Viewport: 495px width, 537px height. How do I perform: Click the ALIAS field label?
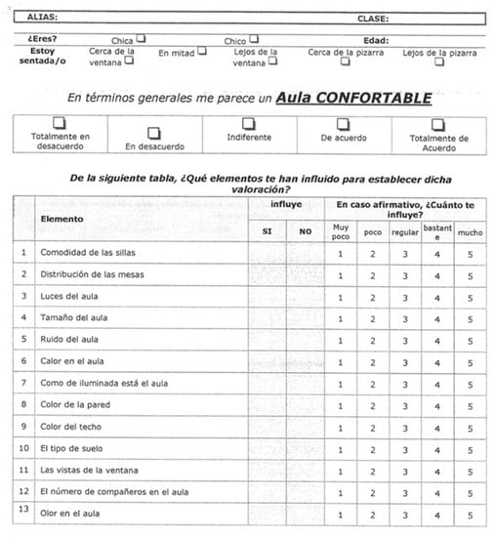click(42, 18)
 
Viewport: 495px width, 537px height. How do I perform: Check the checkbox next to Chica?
click(142, 39)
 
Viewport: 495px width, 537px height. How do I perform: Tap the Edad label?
click(375, 40)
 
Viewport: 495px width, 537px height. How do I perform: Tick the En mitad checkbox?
click(202, 51)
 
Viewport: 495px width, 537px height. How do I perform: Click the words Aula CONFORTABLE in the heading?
click(353, 98)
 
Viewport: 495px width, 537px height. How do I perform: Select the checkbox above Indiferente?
click(248, 123)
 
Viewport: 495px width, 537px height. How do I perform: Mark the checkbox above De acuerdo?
click(343, 124)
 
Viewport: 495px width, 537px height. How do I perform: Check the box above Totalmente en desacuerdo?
click(60, 122)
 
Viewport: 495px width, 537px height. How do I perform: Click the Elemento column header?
click(62, 218)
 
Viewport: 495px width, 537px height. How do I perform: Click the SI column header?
click(267, 230)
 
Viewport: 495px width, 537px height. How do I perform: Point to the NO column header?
click(305, 230)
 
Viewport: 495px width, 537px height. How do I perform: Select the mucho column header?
click(470, 232)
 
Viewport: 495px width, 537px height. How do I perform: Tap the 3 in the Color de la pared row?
click(404, 404)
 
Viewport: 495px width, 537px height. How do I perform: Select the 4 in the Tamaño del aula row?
click(437, 317)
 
